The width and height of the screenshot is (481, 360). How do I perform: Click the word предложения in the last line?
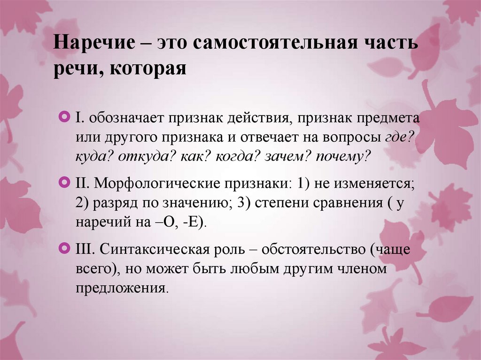121,287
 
